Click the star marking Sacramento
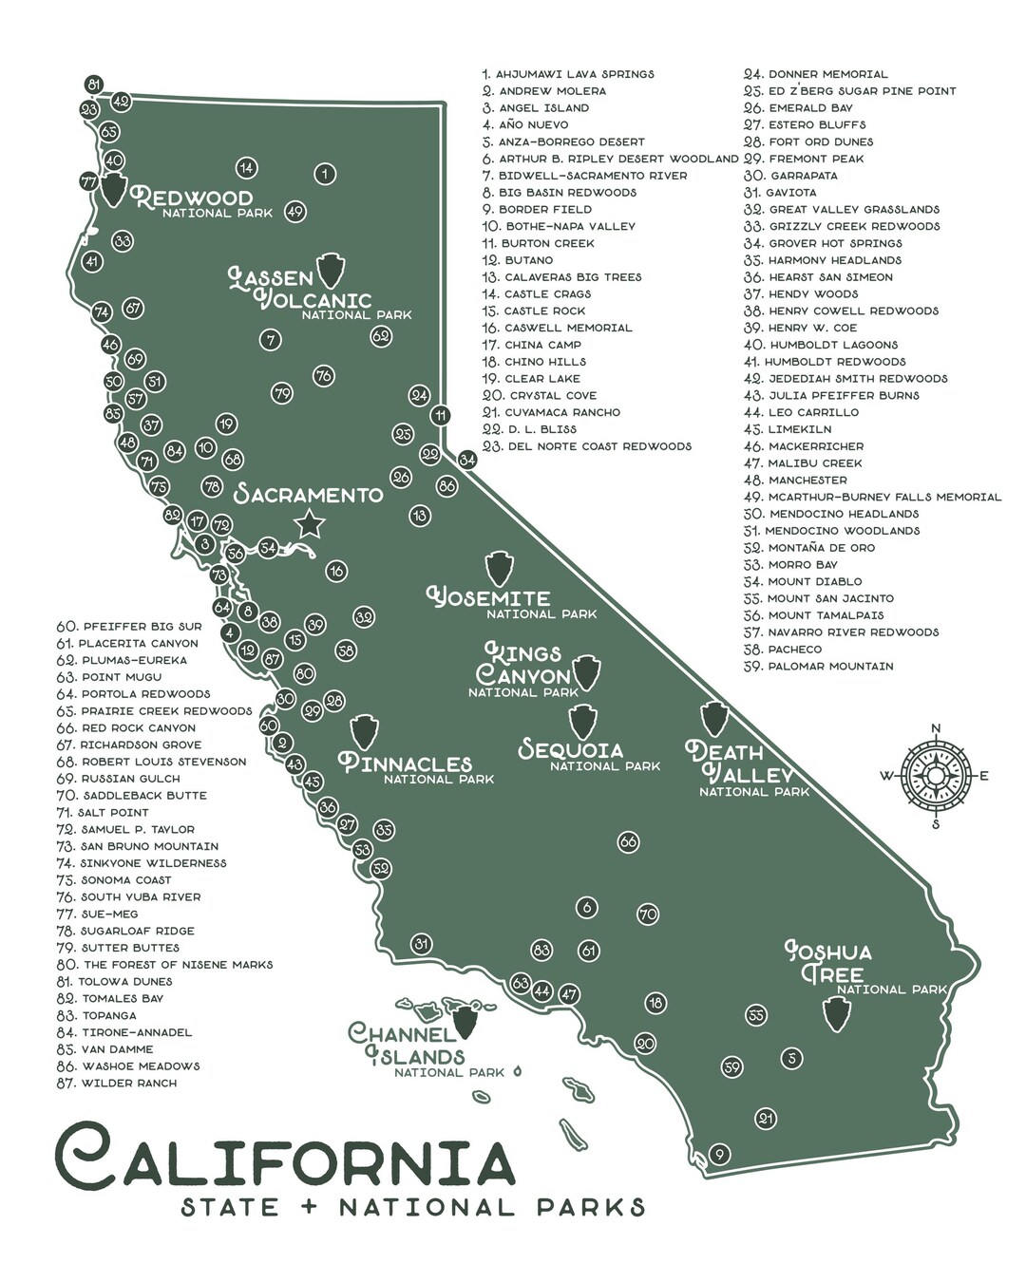point(308,524)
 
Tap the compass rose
point(935,776)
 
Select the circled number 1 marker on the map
point(324,174)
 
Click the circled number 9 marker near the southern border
point(719,1155)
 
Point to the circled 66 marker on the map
point(628,841)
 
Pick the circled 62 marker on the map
point(381,335)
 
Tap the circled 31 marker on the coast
point(422,943)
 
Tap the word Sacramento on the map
point(309,495)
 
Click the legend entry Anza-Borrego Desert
point(570,141)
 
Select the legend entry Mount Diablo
point(814,581)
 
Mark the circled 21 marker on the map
point(766,1119)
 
